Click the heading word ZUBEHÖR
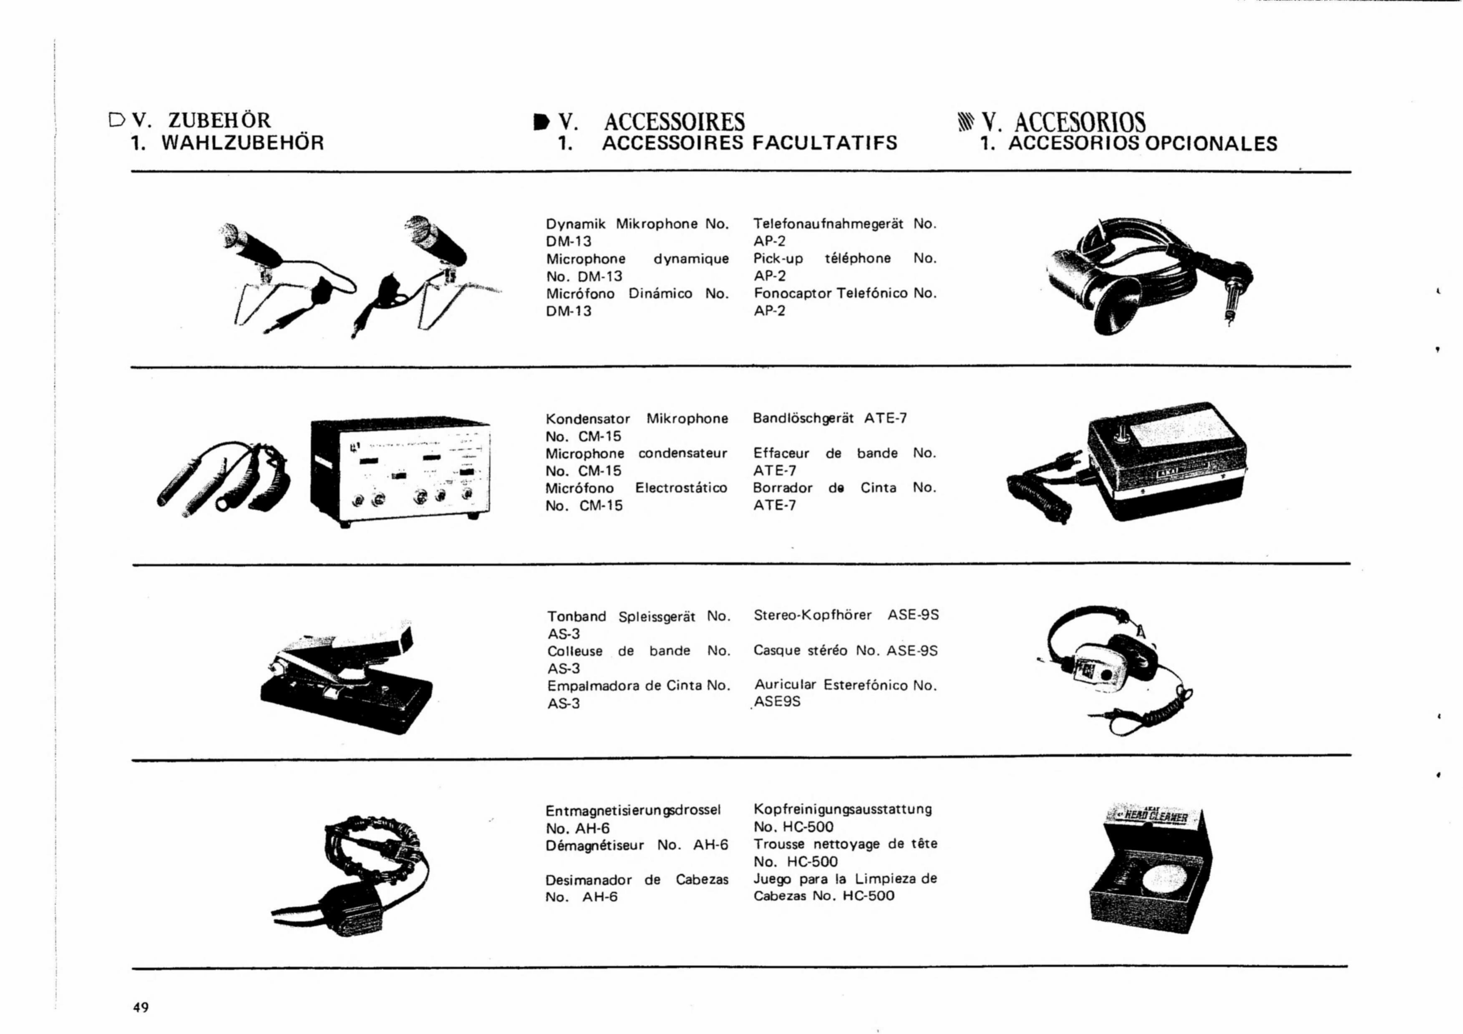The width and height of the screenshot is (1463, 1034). pos(220,120)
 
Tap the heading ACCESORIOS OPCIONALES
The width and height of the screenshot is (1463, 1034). pos(1143,144)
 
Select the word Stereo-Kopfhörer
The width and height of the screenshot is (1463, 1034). pos(812,616)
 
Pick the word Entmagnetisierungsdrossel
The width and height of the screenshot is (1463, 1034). pos(633,811)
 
